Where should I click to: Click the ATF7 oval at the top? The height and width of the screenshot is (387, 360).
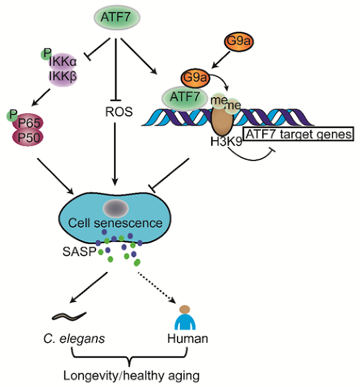click(116, 17)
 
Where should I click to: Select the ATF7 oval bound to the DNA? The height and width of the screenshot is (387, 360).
click(184, 98)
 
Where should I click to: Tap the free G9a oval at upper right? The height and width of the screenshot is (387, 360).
click(239, 41)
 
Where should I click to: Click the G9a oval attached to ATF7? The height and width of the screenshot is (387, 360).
click(195, 78)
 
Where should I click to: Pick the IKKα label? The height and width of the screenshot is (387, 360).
click(63, 62)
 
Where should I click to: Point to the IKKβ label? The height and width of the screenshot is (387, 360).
click(63, 76)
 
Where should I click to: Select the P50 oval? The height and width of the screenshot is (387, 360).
click(28, 138)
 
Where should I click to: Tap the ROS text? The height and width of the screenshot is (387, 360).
click(119, 112)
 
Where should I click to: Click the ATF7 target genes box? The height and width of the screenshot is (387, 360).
click(298, 134)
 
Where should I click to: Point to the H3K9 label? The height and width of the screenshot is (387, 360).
click(226, 142)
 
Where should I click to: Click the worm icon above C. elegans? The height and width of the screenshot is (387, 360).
click(69, 316)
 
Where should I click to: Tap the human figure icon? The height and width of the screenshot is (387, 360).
click(185, 317)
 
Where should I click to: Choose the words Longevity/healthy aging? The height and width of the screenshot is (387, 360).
click(131, 376)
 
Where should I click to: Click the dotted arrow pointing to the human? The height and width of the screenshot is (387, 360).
click(157, 287)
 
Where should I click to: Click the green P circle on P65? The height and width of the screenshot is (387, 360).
click(12, 115)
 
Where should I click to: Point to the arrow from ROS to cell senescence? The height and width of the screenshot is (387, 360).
click(115, 154)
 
